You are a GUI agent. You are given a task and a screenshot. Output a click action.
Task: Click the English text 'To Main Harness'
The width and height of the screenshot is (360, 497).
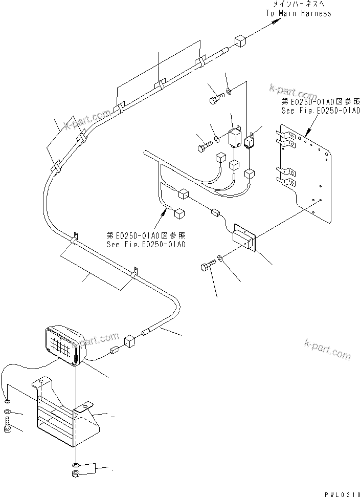(x=298, y=13)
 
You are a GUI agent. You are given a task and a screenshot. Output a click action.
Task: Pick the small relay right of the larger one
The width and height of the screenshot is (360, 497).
(x=251, y=141)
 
